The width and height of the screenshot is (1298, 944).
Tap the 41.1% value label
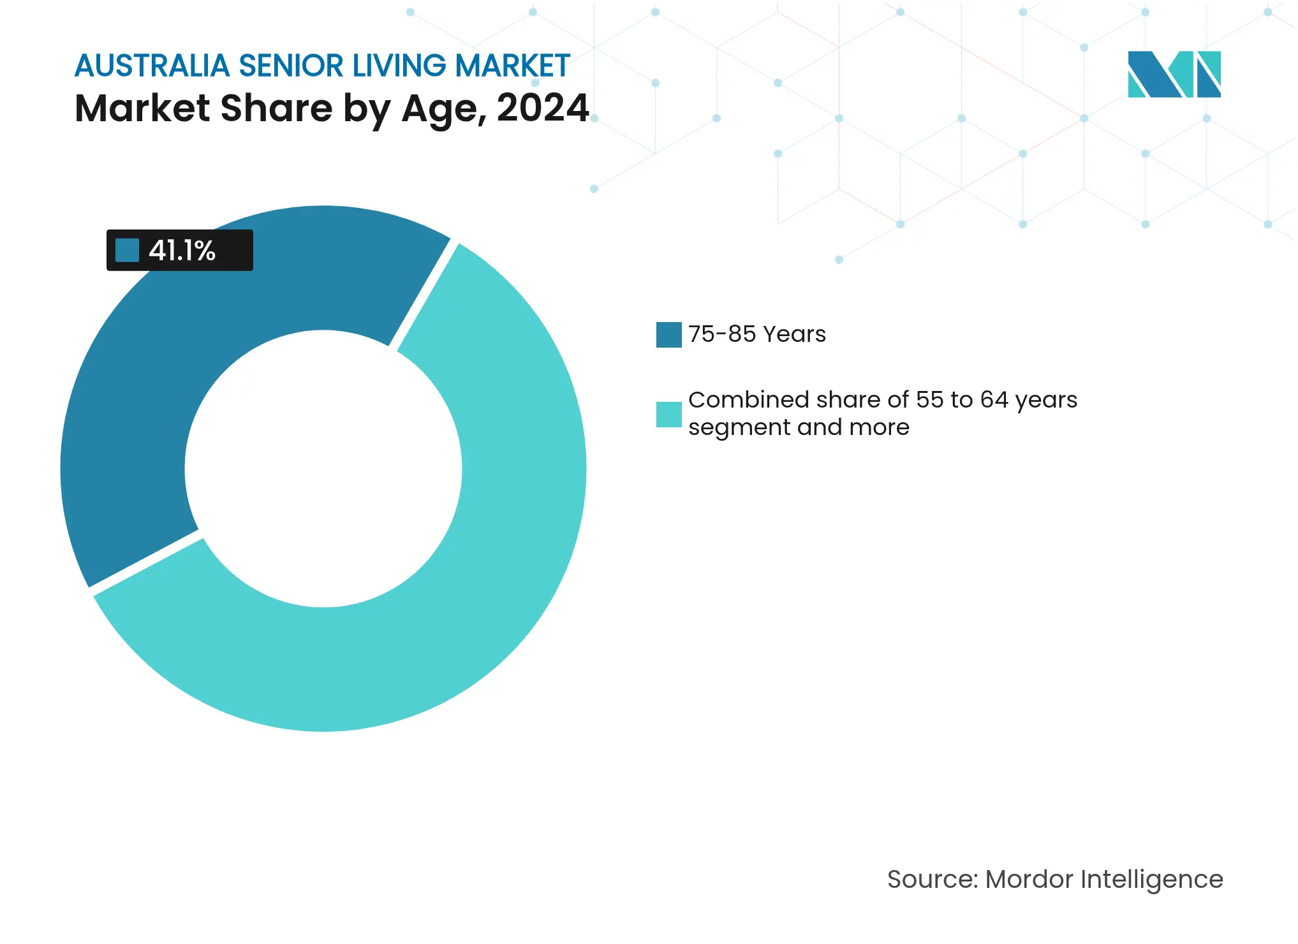pyautogui.click(x=182, y=251)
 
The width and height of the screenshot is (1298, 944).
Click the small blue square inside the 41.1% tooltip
pyautogui.click(x=127, y=250)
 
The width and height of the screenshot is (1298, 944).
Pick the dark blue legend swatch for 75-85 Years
pyautogui.click(x=668, y=335)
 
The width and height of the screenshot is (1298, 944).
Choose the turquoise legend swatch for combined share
pyautogui.click(x=668, y=415)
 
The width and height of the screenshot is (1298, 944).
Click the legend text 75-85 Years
pyautogui.click(x=757, y=334)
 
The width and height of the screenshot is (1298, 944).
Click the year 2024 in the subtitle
pyautogui.click(x=542, y=108)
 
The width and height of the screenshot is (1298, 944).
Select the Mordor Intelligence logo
pyautogui.click(x=1174, y=75)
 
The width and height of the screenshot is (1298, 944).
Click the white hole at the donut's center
pyautogui.click(x=323, y=469)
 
